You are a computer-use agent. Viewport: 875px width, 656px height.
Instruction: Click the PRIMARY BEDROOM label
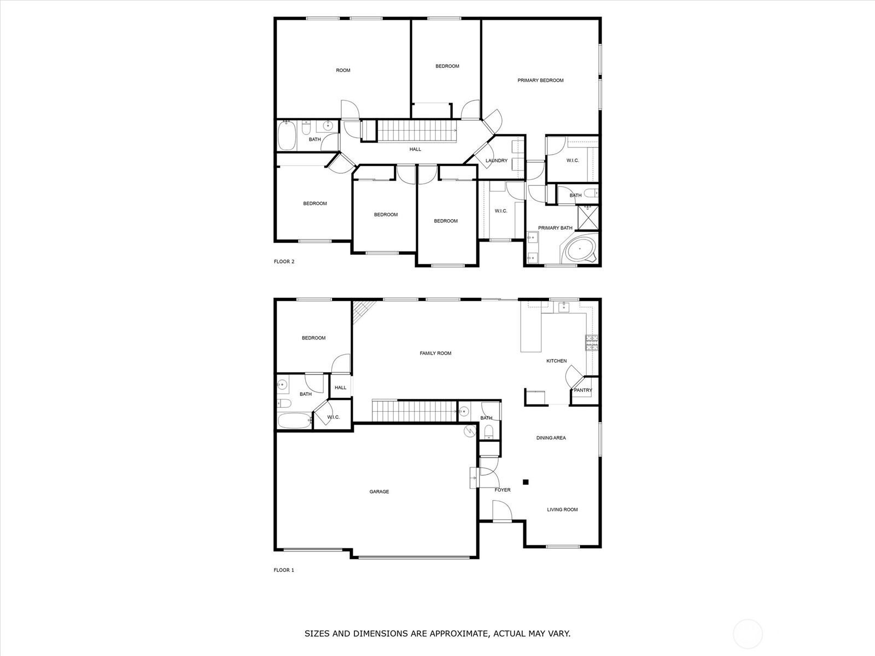[540, 80]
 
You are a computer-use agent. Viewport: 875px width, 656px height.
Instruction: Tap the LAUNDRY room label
[497, 161]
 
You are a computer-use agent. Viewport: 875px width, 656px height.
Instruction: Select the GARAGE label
[379, 492]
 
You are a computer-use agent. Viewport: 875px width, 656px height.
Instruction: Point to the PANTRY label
[583, 390]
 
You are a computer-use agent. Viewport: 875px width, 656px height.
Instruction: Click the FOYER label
[503, 490]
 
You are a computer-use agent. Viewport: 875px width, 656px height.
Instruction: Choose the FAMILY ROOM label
[435, 353]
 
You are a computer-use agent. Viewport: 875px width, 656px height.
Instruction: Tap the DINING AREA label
[551, 438]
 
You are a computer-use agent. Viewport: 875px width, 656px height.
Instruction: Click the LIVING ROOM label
[562, 509]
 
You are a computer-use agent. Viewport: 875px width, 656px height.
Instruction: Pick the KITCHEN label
[556, 361]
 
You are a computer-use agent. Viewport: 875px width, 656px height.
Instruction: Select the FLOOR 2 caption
[284, 261]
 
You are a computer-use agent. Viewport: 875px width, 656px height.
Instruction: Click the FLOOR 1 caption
[284, 570]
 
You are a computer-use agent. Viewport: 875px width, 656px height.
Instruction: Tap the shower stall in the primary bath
[588, 217]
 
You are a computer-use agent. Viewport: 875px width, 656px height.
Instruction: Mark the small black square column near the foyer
[526, 482]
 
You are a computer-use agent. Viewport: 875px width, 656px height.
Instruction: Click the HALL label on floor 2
[415, 149]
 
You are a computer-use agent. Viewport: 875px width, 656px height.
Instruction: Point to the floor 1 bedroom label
[313, 338]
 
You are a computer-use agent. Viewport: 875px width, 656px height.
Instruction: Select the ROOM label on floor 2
[343, 70]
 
